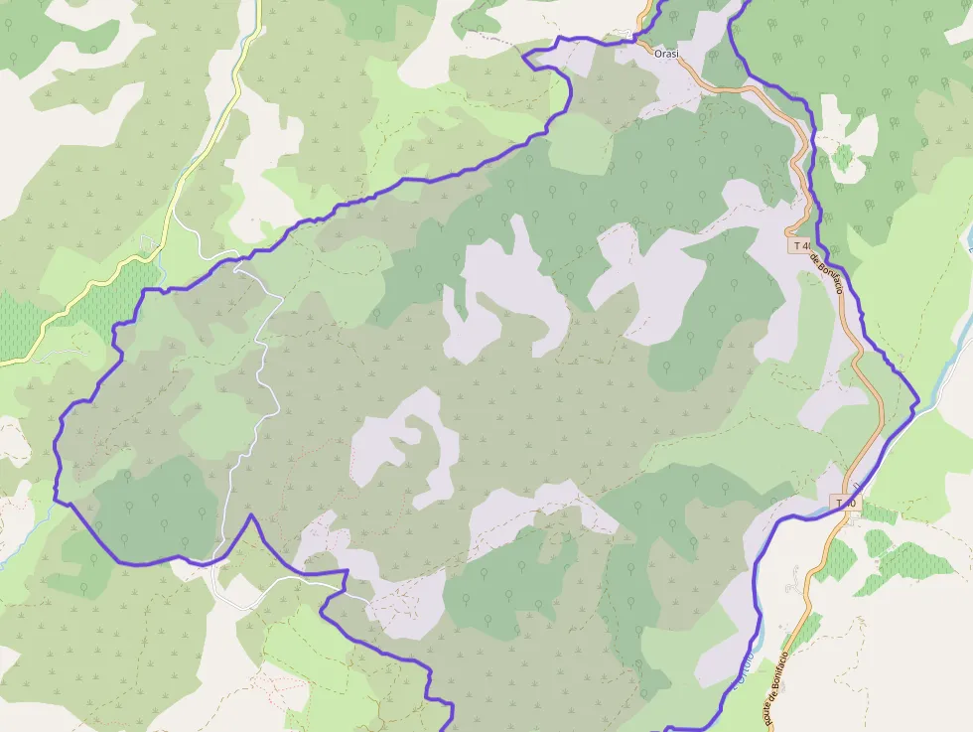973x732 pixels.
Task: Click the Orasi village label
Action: point(666,53)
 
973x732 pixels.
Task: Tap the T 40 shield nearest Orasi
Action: point(801,244)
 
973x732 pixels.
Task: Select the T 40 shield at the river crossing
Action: point(844,504)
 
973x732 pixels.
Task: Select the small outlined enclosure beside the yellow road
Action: point(149,243)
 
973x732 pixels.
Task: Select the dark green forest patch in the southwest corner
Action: point(154,507)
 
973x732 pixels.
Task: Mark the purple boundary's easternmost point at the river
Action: point(918,400)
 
